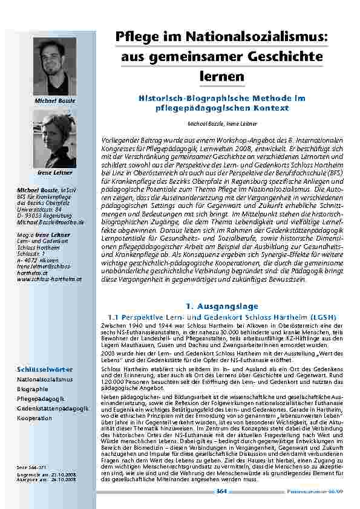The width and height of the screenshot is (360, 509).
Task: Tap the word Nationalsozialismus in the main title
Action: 264,37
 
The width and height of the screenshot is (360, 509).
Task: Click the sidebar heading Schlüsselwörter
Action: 37,369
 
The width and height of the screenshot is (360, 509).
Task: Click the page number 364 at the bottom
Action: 221,491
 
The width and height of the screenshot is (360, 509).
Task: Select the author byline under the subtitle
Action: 221,123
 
